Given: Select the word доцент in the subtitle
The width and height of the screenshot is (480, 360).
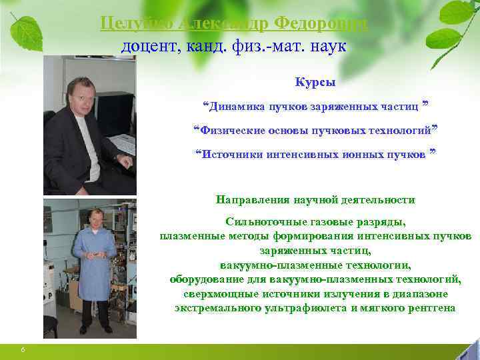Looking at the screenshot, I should tap(146, 47).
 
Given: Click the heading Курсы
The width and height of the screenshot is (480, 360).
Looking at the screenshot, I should tap(315, 83).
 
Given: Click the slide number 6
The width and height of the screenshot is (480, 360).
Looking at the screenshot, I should tap(23, 351).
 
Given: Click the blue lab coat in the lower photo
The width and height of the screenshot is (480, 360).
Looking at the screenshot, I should tap(93, 267).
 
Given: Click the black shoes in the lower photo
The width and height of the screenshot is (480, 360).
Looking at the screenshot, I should tap(93, 329).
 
